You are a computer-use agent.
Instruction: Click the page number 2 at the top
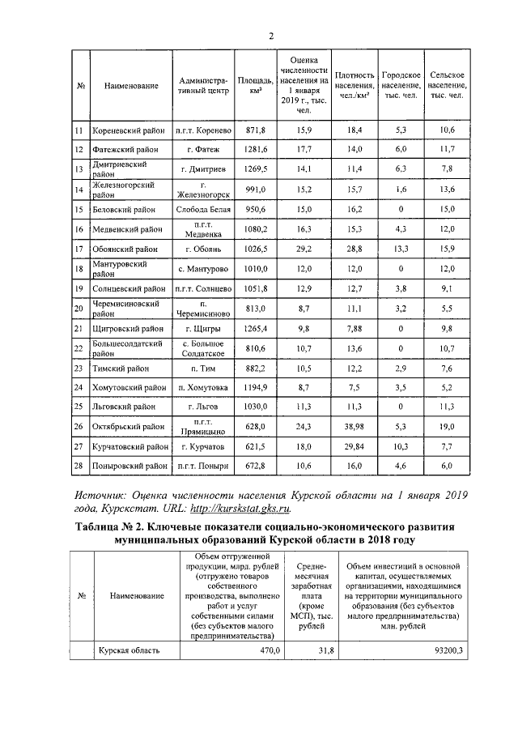pos(271,35)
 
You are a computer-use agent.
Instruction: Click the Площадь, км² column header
pos(256,87)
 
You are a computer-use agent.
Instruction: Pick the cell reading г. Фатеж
pos(204,149)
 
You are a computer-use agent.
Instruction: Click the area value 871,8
pos(256,130)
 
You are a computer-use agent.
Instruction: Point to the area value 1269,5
pos(256,168)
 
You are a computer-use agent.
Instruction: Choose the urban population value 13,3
pos(400,249)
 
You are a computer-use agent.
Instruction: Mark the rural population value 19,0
pos(447,426)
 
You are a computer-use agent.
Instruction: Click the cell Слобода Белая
pos(204,209)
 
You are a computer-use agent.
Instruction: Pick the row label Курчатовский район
pos(130,446)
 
